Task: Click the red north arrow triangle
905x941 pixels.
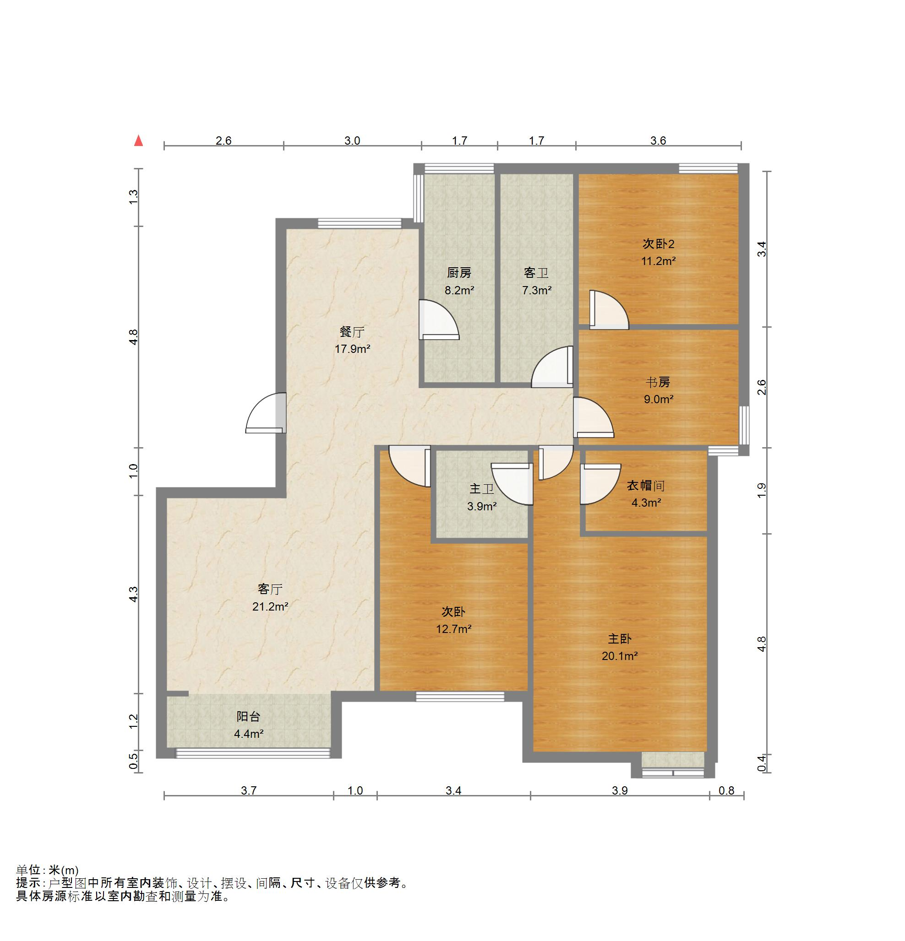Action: [x=138, y=140]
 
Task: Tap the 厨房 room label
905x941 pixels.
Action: [x=459, y=273]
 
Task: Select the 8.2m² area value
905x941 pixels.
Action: [x=459, y=291]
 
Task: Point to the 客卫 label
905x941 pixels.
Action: [x=536, y=273]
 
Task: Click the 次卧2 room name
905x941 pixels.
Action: [x=658, y=244]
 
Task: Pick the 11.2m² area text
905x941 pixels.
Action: [x=658, y=261]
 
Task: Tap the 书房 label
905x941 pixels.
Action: [x=658, y=382]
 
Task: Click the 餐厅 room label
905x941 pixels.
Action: [x=352, y=332]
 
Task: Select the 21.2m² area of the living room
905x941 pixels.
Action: [x=270, y=606]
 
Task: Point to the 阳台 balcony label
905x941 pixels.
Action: [x=248, y=716]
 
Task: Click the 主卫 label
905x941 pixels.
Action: [x=481, y=489]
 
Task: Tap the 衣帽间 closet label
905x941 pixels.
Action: [x=646, y=486]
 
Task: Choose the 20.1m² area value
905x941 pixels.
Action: [x=620, y=656]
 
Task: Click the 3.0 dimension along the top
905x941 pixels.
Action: [x=352, y=141]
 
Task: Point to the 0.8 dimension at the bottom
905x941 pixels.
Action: [x=726, y=790]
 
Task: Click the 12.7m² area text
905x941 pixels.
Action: [x=453, y=629]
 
